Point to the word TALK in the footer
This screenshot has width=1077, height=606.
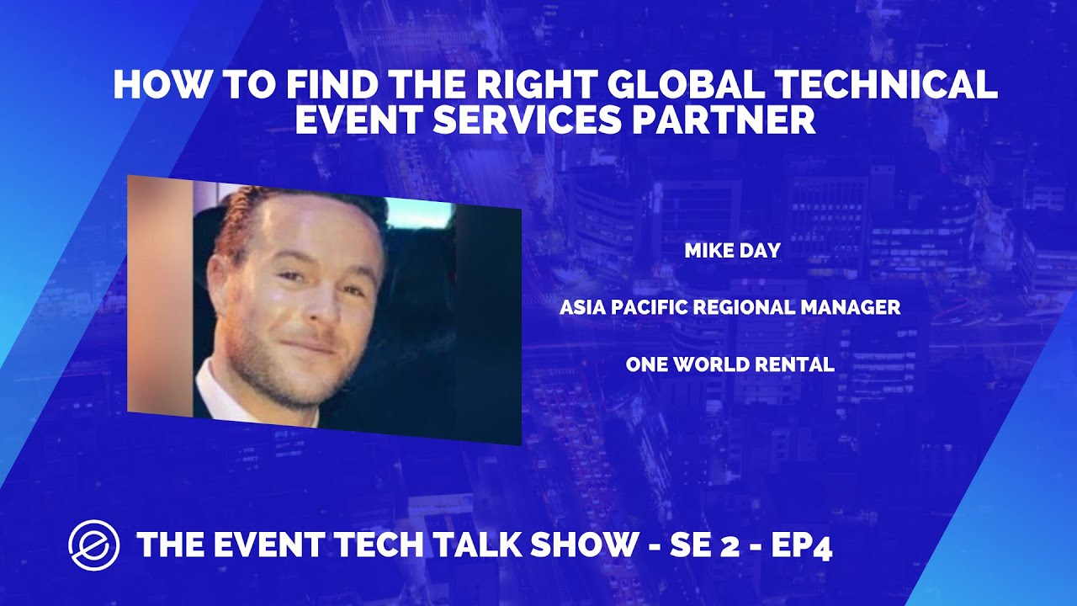469,545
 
